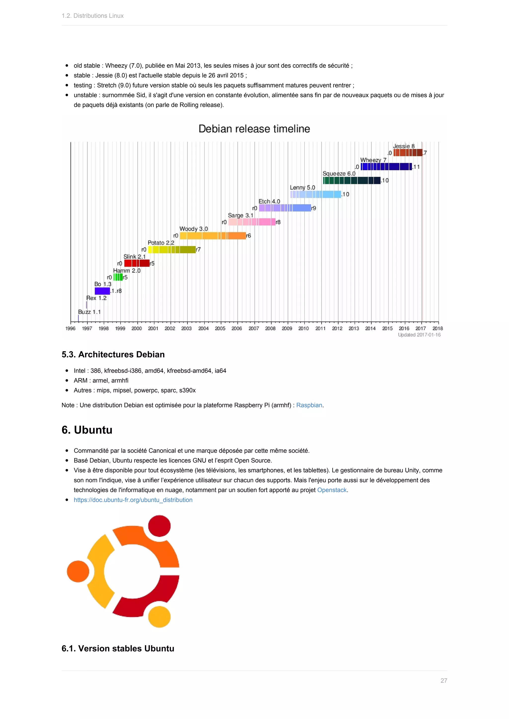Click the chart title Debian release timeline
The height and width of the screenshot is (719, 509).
254,129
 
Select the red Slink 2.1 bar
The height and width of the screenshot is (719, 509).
137,263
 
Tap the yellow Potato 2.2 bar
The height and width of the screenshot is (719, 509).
172,250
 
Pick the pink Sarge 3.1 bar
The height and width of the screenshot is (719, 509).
252,222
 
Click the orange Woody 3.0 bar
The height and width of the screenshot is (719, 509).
212,236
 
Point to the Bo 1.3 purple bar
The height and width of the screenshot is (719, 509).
102,291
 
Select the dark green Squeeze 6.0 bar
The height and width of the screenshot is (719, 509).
352,180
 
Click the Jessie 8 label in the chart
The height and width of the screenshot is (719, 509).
404,146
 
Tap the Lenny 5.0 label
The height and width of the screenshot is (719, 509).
302,188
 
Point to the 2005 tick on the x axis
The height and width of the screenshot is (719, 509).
220,328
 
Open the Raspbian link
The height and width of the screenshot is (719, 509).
309,405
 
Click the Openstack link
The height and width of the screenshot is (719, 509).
332,490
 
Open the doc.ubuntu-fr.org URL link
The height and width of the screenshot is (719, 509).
133,500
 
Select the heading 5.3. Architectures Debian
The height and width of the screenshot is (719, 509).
113,355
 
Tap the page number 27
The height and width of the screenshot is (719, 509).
443,681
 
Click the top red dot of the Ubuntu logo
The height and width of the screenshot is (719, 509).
159,526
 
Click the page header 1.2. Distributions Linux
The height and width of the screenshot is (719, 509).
92,16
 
